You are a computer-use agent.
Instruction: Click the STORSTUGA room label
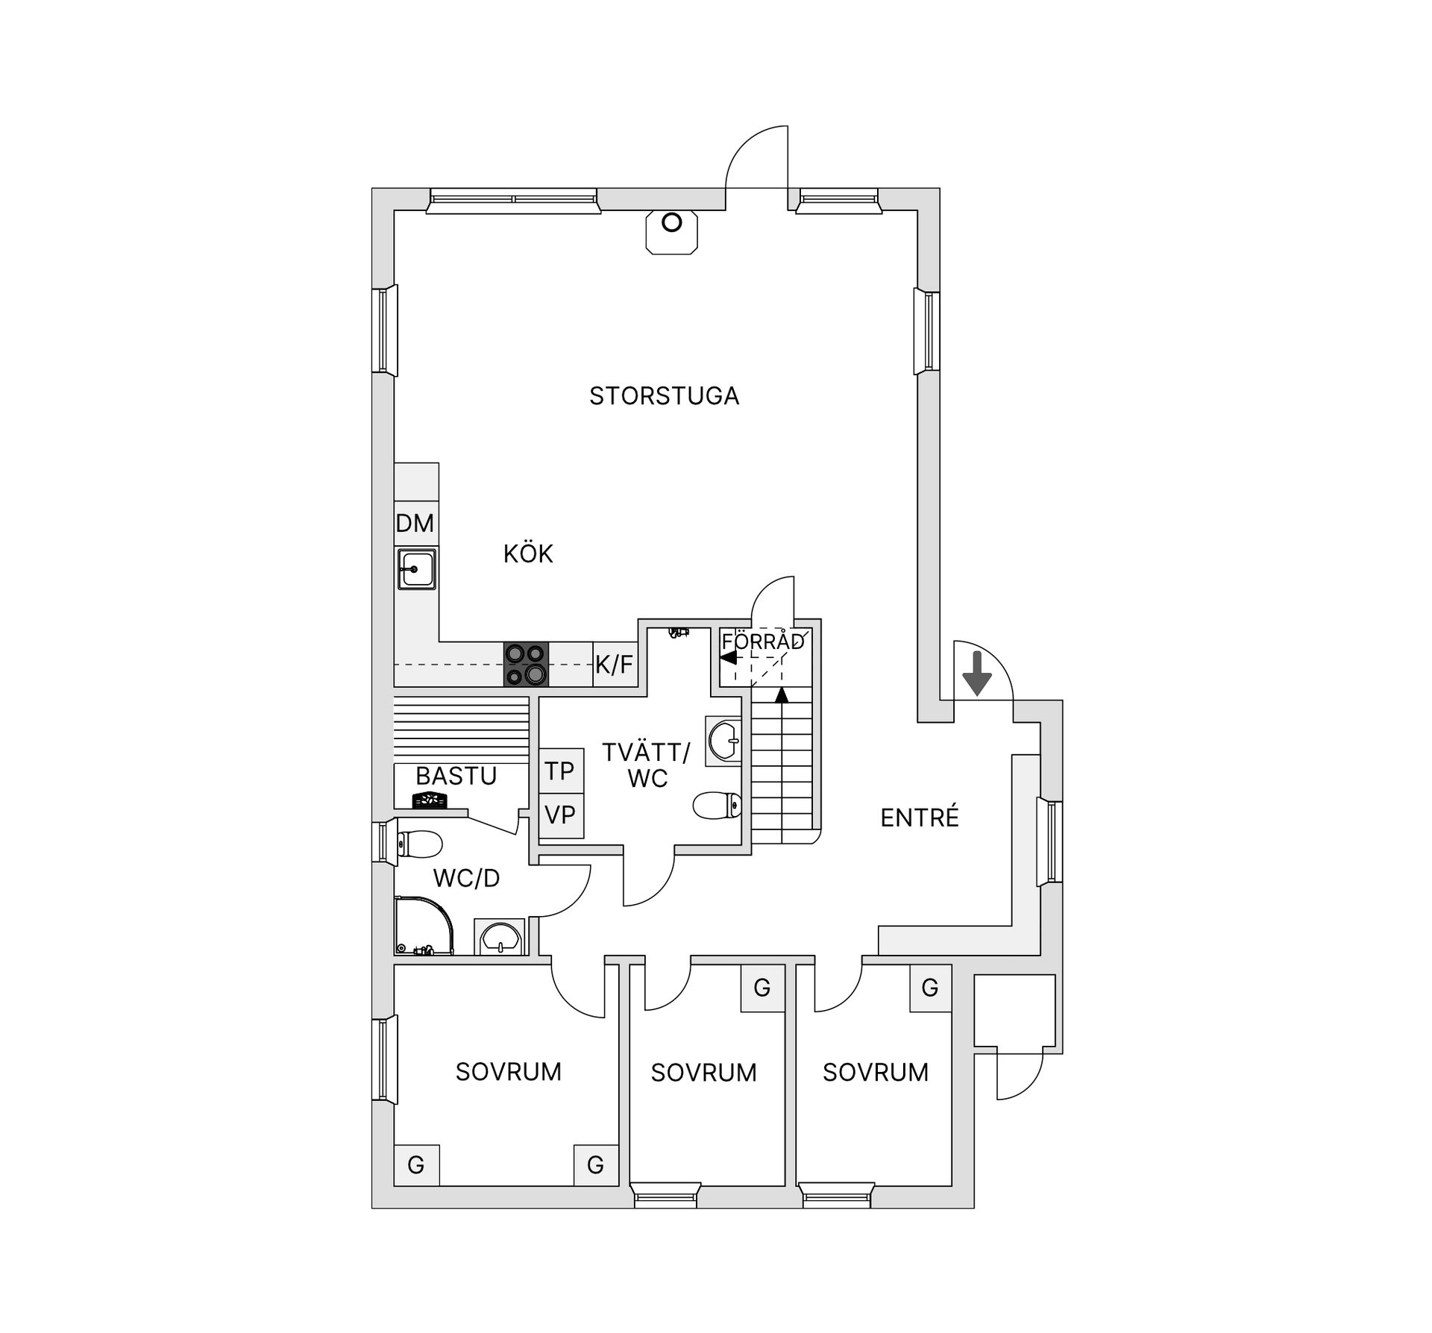pos(664,395)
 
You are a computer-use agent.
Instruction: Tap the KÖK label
pos(528,553)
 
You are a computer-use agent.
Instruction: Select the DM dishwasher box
pos(415,524)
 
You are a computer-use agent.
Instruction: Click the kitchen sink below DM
pos(416,570)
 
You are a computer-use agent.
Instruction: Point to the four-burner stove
pos(526,664)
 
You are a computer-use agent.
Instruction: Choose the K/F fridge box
pos(615,664)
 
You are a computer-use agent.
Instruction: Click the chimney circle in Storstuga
pos(672,222)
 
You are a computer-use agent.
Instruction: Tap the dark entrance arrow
pos(977,673)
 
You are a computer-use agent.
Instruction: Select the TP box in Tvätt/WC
pos(561,771)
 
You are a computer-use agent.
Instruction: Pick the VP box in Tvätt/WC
pos(561,815)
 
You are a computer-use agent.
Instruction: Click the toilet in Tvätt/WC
pos(717,806)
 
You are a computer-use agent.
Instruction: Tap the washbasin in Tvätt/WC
pos(723,741)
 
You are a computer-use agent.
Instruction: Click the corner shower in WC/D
pos(424,926)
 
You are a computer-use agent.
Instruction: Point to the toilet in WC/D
pos(420,845)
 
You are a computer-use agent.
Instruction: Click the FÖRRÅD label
pos(763,641)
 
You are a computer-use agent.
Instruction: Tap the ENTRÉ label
pos(920,818)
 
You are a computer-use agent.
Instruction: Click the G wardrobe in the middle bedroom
pos(762,988)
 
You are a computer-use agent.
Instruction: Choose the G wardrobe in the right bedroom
pos(930,988)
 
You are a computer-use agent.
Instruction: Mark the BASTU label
pos(456,777)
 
